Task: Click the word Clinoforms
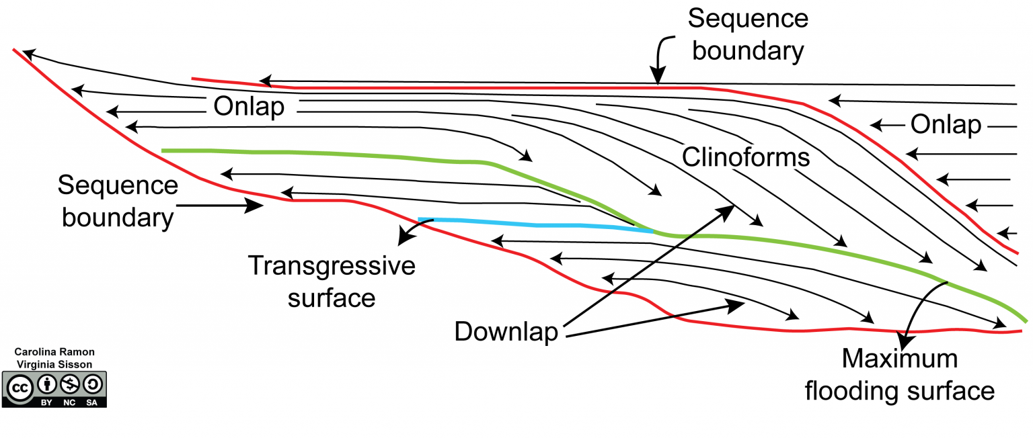coord(745,157)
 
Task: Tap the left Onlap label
coord(249,107)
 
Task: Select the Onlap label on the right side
coord(946,125)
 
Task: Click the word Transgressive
coord(332,266)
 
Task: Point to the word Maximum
coord(899,359)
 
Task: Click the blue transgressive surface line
coord(538,224)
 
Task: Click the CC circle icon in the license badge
coord(20,386)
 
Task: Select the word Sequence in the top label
coord(747,18)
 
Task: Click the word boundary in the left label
coord(117,217)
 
